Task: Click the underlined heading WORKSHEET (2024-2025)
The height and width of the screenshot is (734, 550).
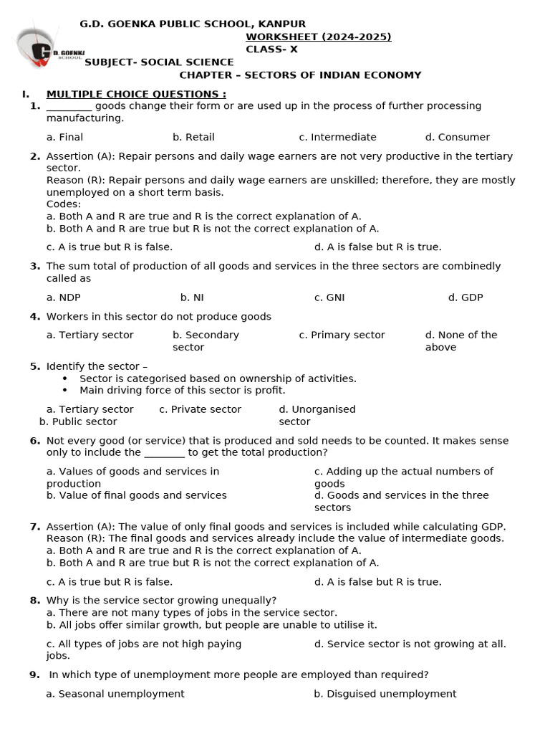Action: tap(319, 37)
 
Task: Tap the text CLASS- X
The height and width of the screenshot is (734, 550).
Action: tap(271, 49)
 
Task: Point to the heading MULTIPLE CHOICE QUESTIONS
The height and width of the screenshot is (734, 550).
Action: tap(136, 94)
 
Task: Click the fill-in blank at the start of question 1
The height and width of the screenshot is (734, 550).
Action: tap(69, 106)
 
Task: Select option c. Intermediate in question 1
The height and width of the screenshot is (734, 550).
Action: tap(337, 137)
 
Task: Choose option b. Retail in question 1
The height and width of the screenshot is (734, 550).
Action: tap(193, 137)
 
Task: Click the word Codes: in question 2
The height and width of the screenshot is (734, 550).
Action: tap(64, 204)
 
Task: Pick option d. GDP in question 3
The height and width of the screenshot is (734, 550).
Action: tap(465, 297)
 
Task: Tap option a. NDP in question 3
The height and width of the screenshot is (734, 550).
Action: tap(64, 297)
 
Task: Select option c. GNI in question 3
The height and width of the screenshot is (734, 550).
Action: tap(329, 297)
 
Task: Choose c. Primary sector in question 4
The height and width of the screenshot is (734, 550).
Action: tap(342, 335)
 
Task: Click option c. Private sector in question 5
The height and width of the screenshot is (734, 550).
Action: tap(200, 409)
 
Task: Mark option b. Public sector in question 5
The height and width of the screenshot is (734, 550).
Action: tap(78, 421)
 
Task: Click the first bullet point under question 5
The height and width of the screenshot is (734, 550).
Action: tap(65, 378)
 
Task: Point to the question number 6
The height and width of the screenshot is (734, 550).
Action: tap(34, 441)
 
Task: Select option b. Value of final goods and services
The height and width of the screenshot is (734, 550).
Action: tap(136, 495)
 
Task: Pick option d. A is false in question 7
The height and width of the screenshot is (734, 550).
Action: tap(377, 582)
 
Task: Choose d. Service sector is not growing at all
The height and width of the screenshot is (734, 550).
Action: tap(410, 644)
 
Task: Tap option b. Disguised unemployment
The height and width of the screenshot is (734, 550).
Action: tap(385, 694)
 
